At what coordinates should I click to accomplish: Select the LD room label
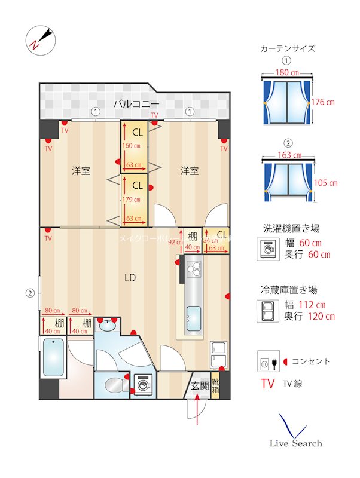pos(129,277)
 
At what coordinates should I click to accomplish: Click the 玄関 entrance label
pos(200,386)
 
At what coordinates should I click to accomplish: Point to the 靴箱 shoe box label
pos(215,385)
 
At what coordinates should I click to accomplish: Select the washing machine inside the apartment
pos(142,385)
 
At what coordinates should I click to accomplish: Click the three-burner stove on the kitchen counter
pos(194,270)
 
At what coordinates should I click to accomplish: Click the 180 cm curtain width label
pos(287,72)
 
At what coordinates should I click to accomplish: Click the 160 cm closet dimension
pos(132,145)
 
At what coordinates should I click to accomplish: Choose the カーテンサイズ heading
pos(288,48)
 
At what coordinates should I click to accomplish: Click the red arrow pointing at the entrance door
pos(198,412)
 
